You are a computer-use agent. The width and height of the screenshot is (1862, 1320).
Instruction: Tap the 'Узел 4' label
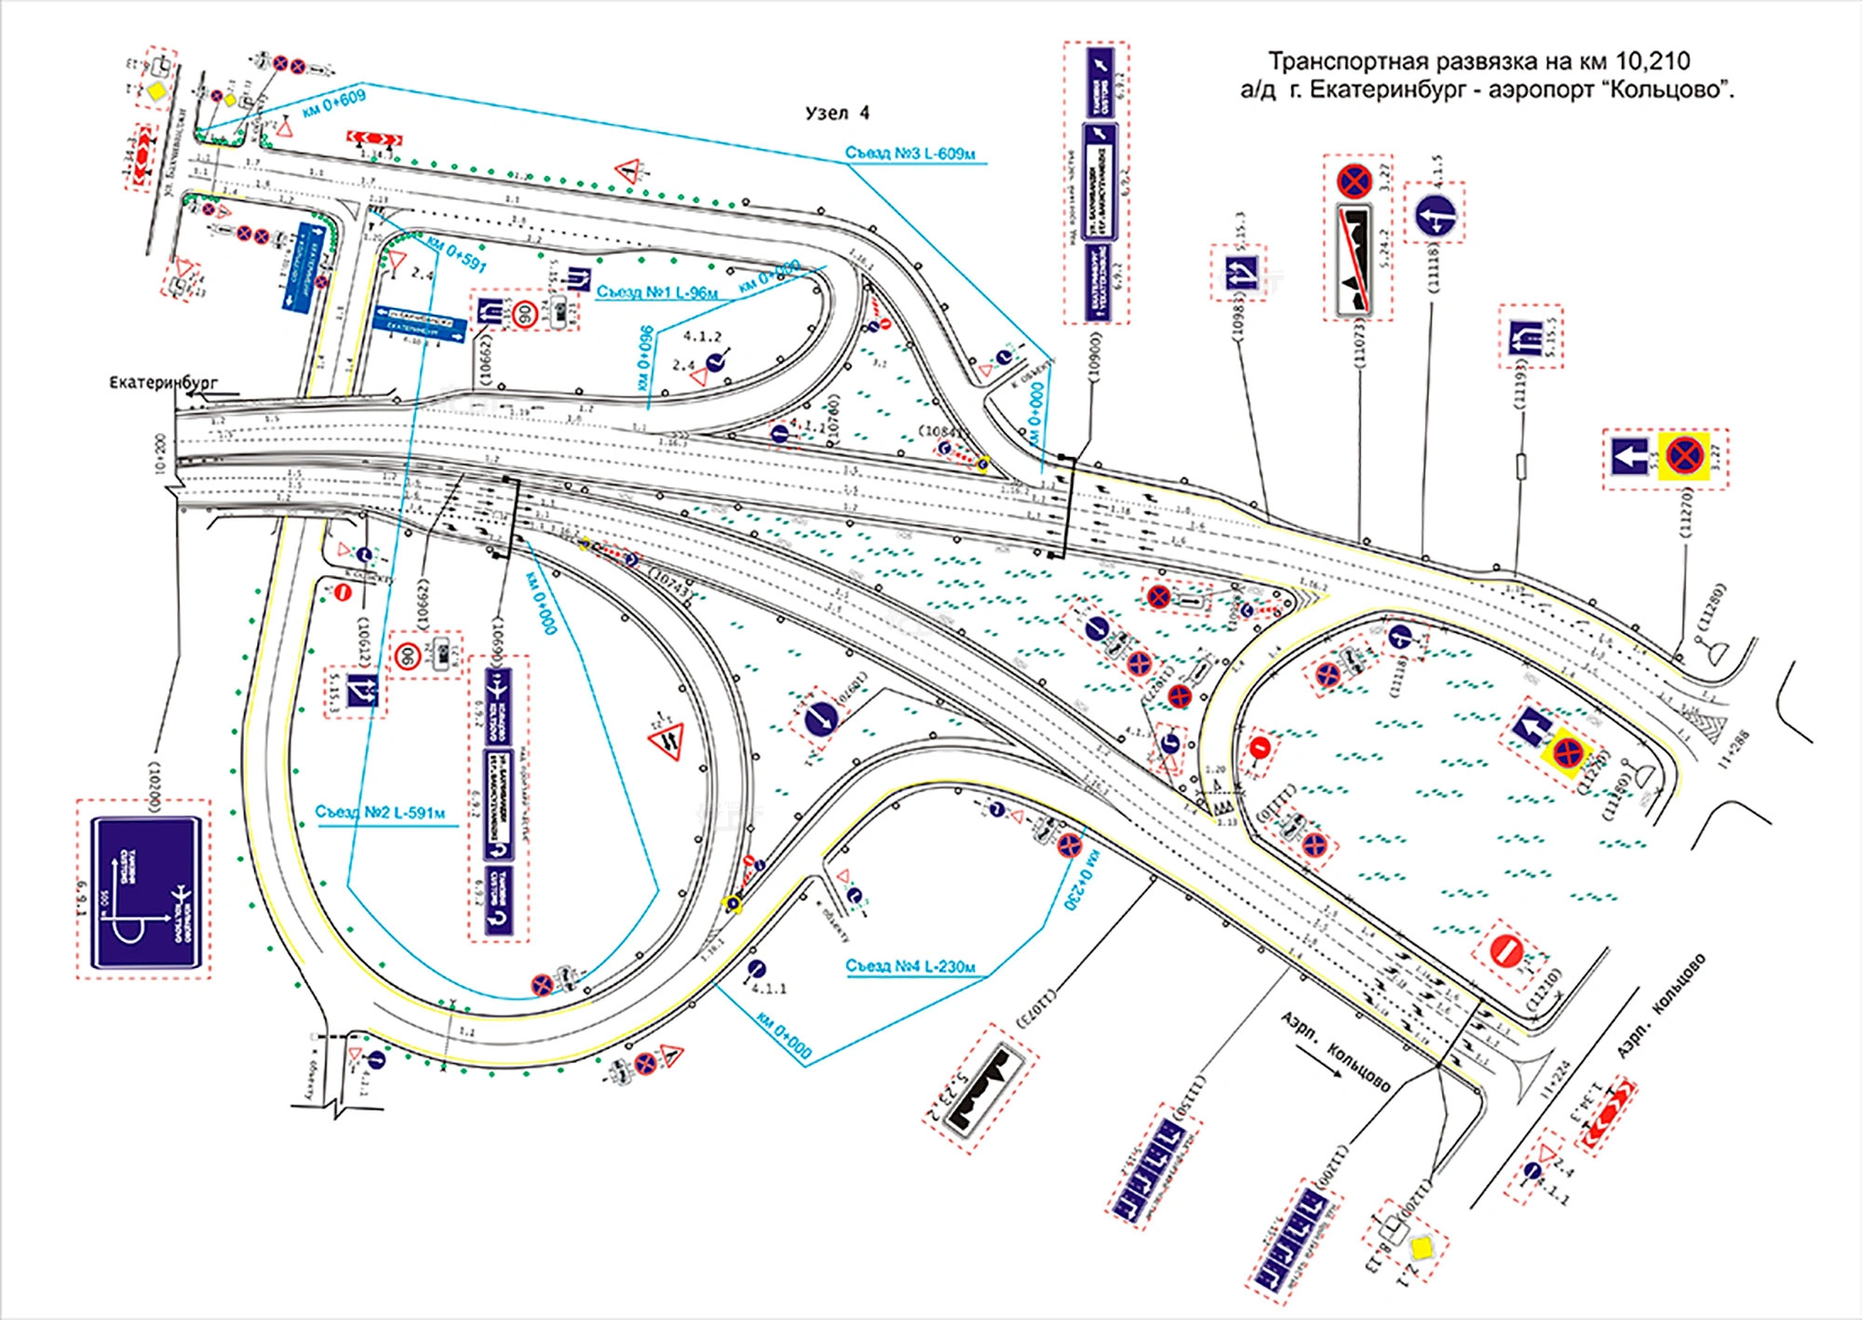coord(837,114)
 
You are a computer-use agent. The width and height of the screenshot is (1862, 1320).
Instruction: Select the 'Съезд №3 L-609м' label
coord(910,154)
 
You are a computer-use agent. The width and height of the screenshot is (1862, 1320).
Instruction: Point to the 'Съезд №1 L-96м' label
coord(656,292)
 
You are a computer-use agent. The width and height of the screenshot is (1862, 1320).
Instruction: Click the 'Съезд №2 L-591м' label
coord(380,813)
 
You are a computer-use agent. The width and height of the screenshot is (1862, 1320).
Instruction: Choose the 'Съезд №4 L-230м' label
coord(910,966)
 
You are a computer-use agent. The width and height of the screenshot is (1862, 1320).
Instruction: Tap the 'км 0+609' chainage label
coord(334,101)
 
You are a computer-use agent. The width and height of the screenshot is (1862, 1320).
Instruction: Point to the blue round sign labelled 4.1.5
coord(1435,217)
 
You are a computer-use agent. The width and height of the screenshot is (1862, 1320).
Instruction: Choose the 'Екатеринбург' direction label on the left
coord(163,383)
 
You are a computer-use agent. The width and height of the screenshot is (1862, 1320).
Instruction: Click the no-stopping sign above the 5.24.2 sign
coord(1355,182)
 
